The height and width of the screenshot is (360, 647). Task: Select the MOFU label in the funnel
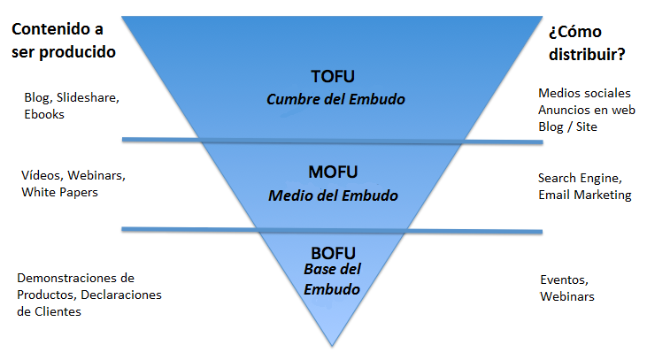[333, 171]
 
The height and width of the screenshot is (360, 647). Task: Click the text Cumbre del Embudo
[336, 99]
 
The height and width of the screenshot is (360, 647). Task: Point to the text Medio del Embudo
[333, 195]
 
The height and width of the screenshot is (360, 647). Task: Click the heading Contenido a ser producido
[64, 42]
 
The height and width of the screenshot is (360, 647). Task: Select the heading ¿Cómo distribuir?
[586, 42]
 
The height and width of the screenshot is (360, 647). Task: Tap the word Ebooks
[44, 113]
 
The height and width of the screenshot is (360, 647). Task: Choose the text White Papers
[59, 192]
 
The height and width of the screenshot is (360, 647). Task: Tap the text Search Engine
[580, 178]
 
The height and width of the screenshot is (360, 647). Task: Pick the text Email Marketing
[584, 195]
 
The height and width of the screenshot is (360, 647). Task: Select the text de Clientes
[49, 311]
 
